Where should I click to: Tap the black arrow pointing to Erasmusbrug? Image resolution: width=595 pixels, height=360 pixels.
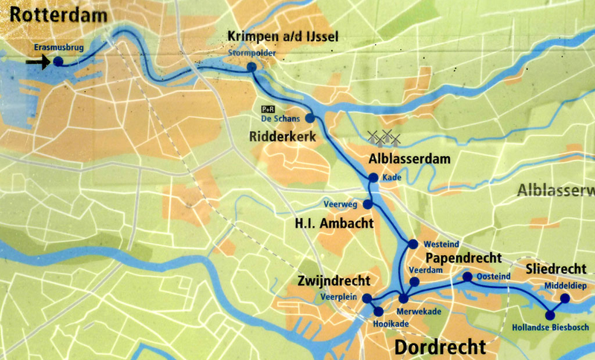point(36,63)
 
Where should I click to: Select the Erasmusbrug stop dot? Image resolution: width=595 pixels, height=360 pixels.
point(58,63)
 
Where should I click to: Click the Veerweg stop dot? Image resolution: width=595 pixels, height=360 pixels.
point(367,204)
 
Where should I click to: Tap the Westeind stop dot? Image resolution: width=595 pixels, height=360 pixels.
point(414,244)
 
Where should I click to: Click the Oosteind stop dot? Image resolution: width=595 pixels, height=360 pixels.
point(467,277)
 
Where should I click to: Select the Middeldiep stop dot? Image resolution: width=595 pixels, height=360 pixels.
point(565,298)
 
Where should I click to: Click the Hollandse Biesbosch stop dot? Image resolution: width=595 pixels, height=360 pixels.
point(551,314)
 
